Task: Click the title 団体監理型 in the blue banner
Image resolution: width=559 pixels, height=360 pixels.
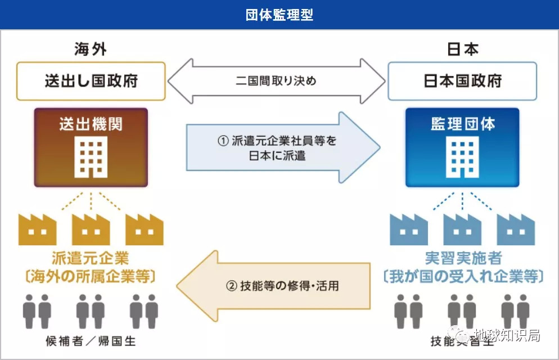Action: pyautogui.click(x=279, y=15)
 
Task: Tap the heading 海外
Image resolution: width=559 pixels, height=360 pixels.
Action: pyautogui.click(x=91, y=49)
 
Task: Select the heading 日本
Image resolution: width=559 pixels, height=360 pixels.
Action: pyautogui.click(x=462, y=49)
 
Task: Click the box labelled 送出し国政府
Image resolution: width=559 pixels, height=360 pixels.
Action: pyautogui.click(x=91, y=81)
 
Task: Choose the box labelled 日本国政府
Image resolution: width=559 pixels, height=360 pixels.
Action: pyautogui.click(x=462, y=81)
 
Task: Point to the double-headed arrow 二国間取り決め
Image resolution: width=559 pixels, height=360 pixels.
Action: pyautogui.click(x=276, y=81)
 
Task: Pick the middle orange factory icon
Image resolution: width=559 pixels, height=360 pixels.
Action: pyautogui.click(x=91, y=228)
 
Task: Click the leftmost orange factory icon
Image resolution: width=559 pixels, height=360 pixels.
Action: pyautogui.click(x=37, y=228)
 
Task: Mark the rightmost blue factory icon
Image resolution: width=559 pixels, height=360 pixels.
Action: pyautogui.click(x=516, y=228)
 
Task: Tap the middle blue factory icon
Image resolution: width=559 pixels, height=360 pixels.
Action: pyautogui.click(x=462, y=228)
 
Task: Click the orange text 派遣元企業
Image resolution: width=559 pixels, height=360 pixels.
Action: pyautogui.click(x=91, y=259)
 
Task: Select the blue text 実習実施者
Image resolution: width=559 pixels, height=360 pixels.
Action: pyautogui.click(x=462, y=259)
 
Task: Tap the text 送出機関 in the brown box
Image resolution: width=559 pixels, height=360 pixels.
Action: pyautogui.click(x=91, y=124)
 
